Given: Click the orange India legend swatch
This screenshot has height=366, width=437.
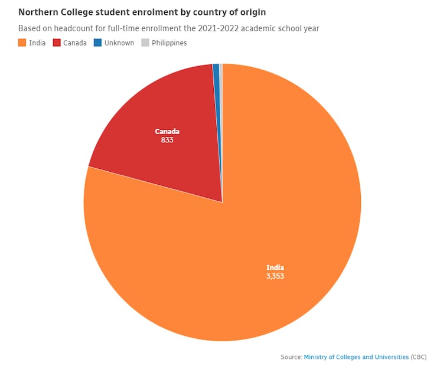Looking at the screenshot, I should [x=22, y=43].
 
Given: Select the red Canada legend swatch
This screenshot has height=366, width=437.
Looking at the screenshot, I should [x=57, y=43].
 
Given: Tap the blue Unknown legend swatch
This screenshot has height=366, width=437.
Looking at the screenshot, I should [x=98, y=43].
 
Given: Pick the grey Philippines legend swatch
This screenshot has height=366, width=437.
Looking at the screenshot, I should [x=145, y=43].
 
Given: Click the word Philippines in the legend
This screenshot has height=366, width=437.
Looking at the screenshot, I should [x=169, y=43].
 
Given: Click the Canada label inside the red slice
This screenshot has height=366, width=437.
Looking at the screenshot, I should [x=167, y=131].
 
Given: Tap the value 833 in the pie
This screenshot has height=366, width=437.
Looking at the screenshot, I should [x=167, y=140].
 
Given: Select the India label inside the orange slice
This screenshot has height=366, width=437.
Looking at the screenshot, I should [x=275, y=267].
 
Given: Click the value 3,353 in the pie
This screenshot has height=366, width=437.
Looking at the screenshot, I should [x=275, y=276].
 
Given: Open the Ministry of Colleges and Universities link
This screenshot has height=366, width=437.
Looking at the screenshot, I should [x=356, y=357].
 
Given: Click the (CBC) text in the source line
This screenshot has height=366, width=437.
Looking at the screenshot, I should [x=419, y=357].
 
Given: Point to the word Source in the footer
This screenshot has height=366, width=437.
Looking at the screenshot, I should [x=291, y=357].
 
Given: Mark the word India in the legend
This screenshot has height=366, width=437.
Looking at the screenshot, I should [x=37, y=43].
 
